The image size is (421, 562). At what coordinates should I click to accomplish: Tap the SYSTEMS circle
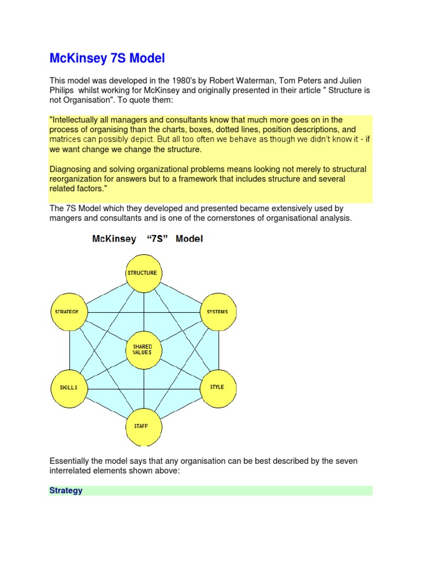pyautogui.click(x=218, y=312)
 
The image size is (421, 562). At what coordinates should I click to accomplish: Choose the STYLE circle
pyautogui.click(x=218, y=387)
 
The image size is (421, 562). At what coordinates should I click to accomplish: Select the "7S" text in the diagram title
pyautogui.click(x=156, y=239)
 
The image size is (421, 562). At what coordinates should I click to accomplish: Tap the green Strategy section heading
pyautogui.click(x=66, y=491)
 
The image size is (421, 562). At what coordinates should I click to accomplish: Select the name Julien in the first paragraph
pyautogui.click(x=345, y=81)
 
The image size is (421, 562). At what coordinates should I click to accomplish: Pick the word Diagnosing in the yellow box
pyautogui.click(x=70, y=169)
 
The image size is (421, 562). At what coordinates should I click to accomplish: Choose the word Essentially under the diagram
pyautogui.click(x=72, y=461)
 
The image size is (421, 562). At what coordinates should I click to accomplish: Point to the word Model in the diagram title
pyautogui.click(x=189, y=239)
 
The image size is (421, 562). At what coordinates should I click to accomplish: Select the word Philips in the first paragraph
pyautogui.click(x=62, y=91)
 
